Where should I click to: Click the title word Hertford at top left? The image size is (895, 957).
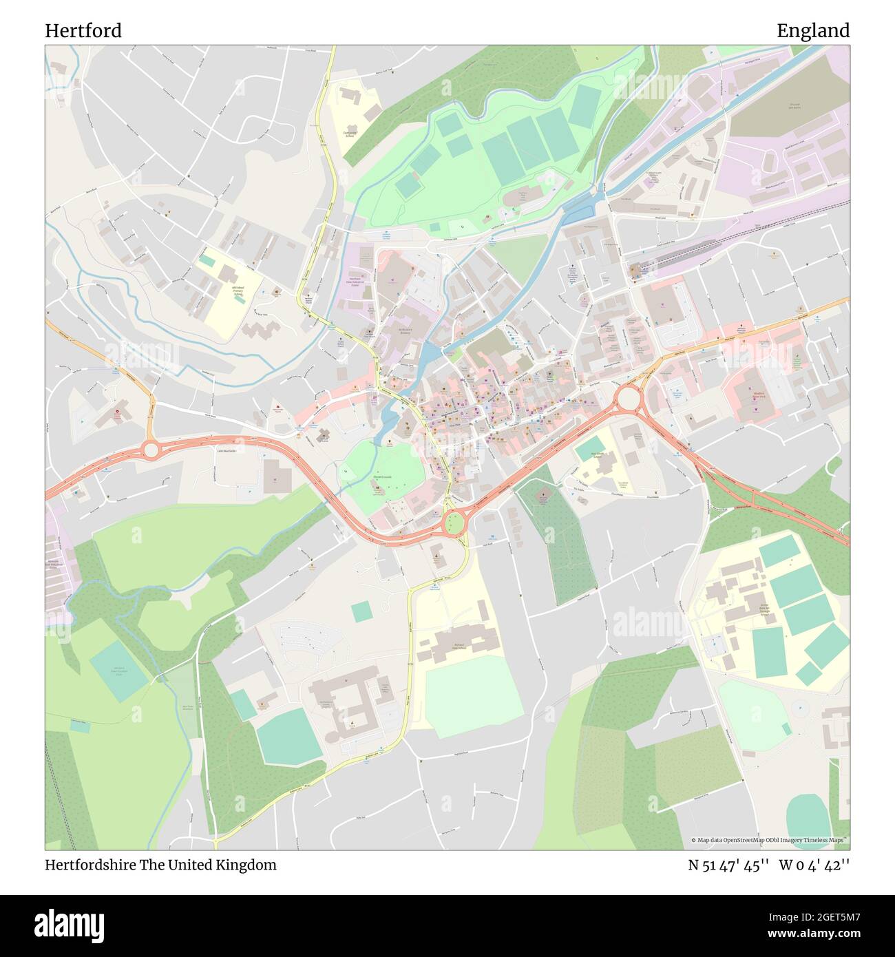[x=83, y=30]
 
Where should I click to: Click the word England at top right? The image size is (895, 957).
[x=813, y=30]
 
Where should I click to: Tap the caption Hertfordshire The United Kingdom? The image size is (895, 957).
[x=160, y=865]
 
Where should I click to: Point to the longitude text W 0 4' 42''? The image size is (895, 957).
[x=814, y=865]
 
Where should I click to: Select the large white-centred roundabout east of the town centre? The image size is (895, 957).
[x=628, y=398]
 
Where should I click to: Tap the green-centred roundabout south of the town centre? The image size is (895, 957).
[x=454, y=523]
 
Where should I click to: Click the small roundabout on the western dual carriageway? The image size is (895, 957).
[x=151, y=450]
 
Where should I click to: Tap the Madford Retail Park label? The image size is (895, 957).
[x=758, y=395]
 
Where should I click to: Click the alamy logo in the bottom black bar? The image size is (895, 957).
[x=70, y=923]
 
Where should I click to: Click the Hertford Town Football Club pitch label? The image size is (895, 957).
[x=118, y=670]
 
